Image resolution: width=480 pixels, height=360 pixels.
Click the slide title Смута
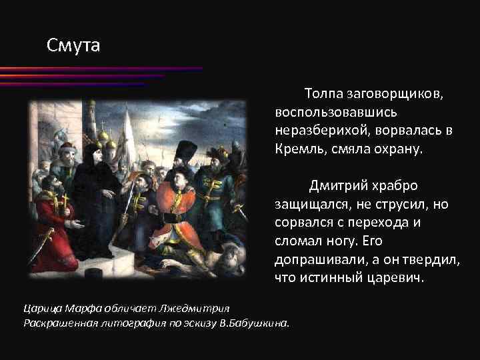73,46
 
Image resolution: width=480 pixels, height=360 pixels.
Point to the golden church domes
103,137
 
